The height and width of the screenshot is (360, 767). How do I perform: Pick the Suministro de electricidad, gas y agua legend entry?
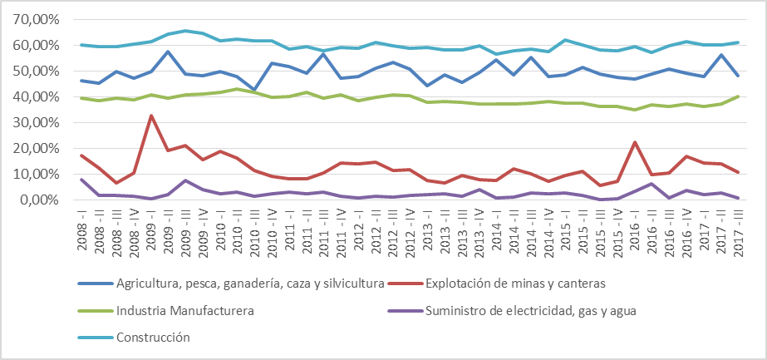(534, 311)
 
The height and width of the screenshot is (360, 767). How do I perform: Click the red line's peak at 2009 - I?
(150, 116)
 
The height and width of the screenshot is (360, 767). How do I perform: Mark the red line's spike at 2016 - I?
(635, 142)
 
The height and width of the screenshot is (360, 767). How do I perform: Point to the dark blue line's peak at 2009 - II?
(168, 52)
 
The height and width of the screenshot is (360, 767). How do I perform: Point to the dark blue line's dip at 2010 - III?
(254, 90)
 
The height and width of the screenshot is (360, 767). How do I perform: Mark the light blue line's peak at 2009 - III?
(185, 31)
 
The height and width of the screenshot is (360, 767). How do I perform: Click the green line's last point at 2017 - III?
(739, 96)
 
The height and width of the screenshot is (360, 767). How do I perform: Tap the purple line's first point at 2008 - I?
(81, 180)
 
